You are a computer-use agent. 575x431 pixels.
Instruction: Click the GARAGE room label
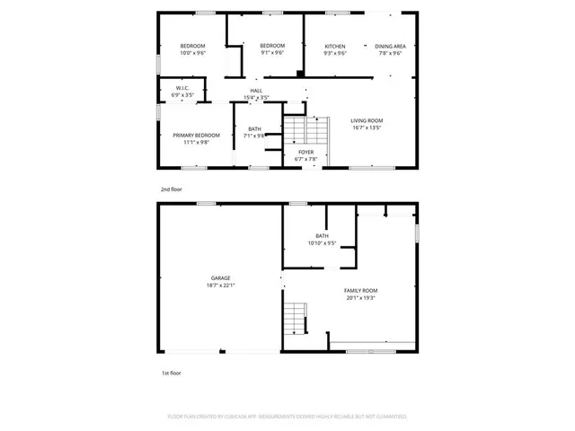tap(221, 278)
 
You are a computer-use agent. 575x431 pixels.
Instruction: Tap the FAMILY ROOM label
tap(360, 290)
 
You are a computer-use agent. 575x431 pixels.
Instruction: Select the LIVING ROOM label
tap(367, 120)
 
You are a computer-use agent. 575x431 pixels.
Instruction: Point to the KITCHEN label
tap(335, 46)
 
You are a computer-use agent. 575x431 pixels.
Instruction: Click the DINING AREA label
tap(390, 46)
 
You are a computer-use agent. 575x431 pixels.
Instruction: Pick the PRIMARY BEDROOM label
tap(196, 135)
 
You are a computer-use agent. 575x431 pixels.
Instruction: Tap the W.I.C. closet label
tap(183, 88)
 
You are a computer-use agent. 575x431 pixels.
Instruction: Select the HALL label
tap(256, 91)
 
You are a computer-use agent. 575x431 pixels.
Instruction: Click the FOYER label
tap(305, 152)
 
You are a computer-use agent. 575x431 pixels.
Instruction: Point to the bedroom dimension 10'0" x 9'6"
tap(192, 53)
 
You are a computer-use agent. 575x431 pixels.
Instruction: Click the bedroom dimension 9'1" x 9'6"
tap(272, 53)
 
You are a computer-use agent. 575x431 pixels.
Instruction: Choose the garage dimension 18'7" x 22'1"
tap(221, 286)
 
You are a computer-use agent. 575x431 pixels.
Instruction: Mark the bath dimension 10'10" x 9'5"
tap(322, 242)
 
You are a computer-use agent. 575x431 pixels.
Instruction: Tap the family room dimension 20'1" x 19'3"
tap(360, 297)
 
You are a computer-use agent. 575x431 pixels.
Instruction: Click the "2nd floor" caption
tap(171, 190)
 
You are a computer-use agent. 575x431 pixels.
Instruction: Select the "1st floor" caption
tap(171, 372)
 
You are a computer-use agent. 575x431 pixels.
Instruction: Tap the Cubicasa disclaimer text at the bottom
tap(287, 417)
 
